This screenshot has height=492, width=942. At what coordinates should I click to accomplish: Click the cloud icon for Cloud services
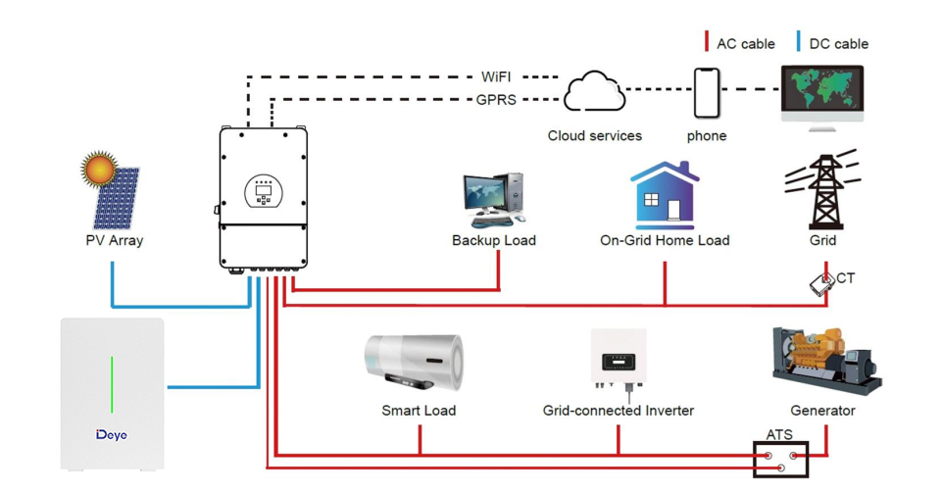[594, 92]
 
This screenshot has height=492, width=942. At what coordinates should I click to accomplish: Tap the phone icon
[707, 93]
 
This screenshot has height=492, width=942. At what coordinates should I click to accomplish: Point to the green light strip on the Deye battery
[113, 384]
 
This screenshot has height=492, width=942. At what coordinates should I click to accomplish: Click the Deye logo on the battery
[112, 434]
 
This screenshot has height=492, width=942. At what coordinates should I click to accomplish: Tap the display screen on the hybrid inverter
[263, 191]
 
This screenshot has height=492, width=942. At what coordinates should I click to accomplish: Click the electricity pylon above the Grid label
[821, 191]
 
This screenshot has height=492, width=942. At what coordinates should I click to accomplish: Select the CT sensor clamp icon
[821, 283]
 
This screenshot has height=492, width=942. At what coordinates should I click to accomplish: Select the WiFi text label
[496, 76]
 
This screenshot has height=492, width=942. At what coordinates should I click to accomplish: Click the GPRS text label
[496, 99]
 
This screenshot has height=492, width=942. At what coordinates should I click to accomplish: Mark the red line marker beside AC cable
[707, 42]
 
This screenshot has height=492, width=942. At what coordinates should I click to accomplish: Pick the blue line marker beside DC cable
[799, 42]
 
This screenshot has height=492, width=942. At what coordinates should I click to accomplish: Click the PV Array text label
[114, 240]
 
